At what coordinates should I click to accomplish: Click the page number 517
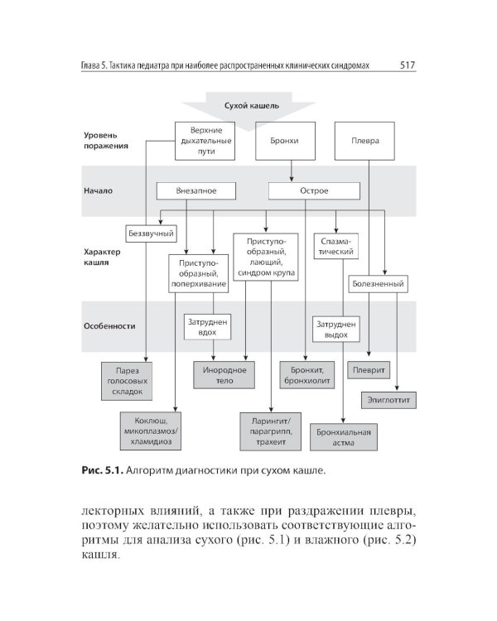pos(407,64)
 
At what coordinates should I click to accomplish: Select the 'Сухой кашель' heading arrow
pos(258,107)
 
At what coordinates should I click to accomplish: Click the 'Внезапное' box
pos(196,190)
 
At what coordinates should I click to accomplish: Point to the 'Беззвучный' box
pos(149,233)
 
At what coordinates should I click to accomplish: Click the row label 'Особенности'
pos(109,325)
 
